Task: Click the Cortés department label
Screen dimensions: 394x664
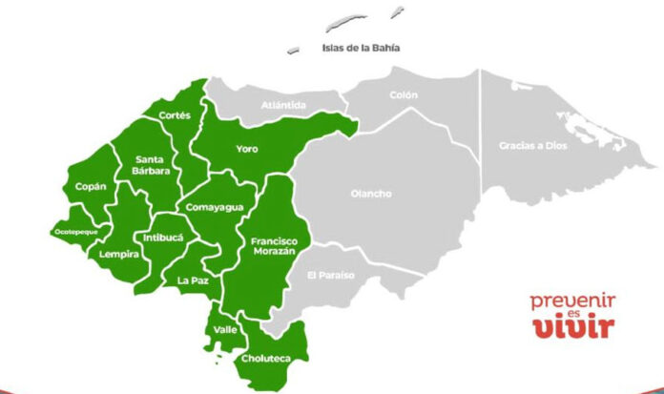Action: pyautogui.click(x=175, y=115)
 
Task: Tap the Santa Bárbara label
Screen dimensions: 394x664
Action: pyautogui.click(x=153, y=164)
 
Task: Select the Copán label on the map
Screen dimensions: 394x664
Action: pyautogui.click(x=92, y=187)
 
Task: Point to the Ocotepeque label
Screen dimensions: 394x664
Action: pyautogui.click(x=75, y=232)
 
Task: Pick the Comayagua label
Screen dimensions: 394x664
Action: pyautogui.click(x=215, y=207)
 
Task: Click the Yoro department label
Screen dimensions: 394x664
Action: pyautogui.click(x=247, y=149)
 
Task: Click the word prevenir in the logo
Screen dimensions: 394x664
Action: pyautogui.click(x=572, y=301)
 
